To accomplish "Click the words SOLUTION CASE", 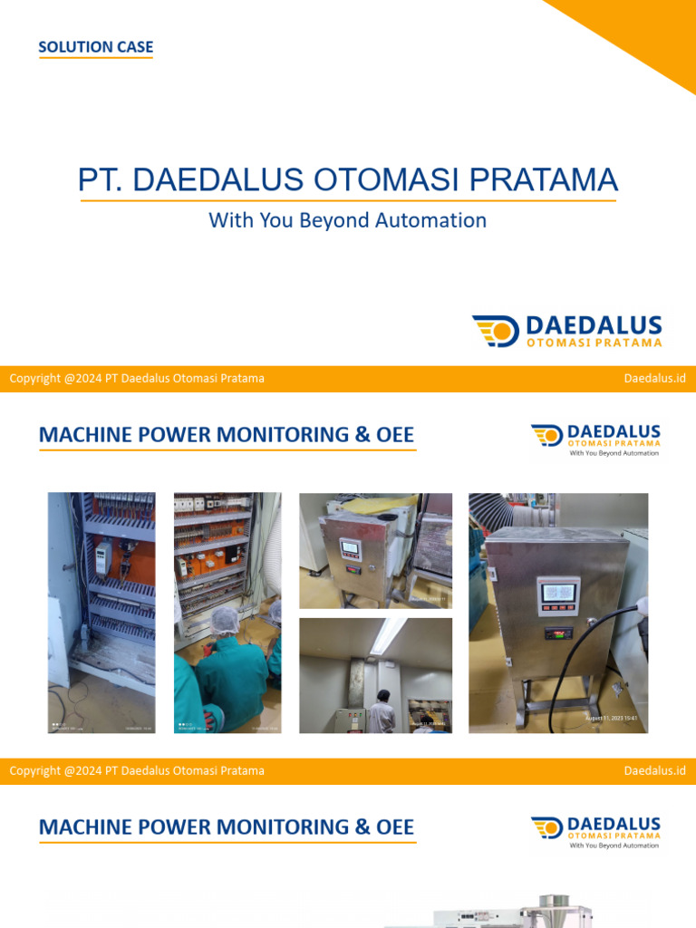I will tap(95, 47).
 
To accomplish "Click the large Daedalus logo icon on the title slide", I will tap(495, 331).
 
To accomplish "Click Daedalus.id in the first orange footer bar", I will tap(654, 378).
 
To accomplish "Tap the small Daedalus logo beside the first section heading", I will tap(546, 436).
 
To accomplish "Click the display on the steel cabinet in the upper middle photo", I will tap(349, 548).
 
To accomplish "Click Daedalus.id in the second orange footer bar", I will tap(654, 770).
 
